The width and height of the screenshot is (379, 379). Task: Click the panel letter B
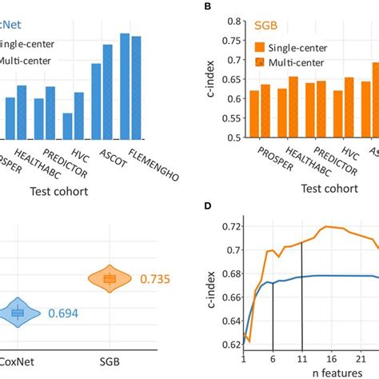209,6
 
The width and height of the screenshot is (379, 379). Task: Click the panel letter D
209,206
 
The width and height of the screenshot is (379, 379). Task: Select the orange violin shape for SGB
110,278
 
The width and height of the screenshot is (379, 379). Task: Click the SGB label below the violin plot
110,361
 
